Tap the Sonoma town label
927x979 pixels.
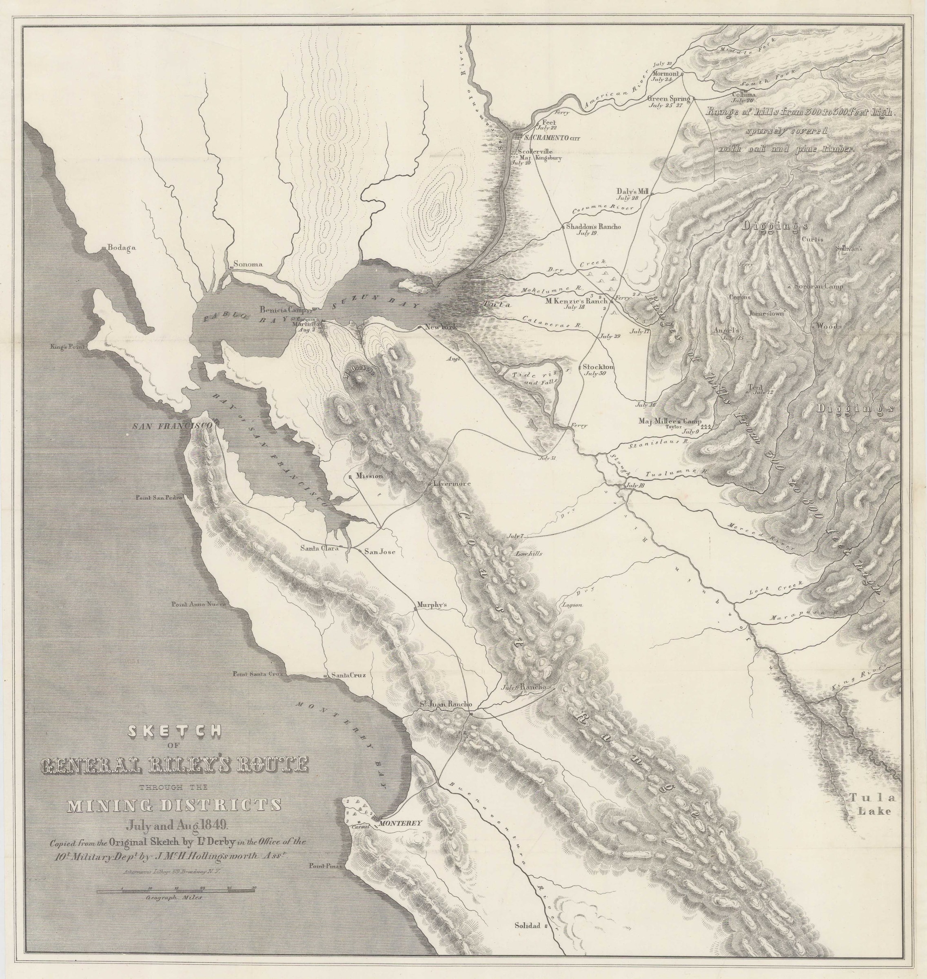[248, 264]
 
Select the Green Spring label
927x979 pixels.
[668, 99]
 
